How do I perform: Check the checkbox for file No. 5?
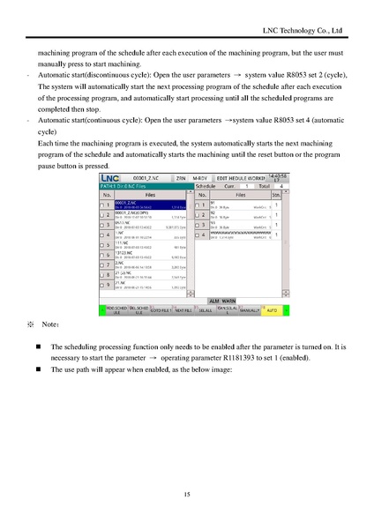[101, 246]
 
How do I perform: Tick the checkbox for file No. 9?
[101, 286]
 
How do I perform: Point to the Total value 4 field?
[280, 186]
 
